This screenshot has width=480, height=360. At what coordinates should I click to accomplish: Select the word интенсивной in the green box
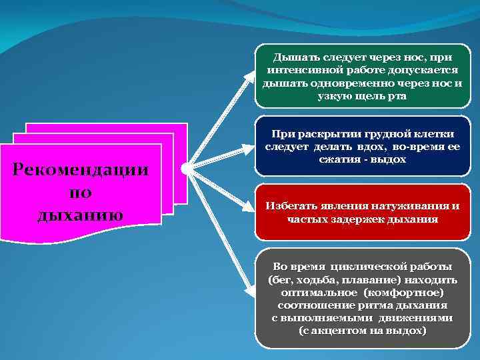click(x=303, y=71)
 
